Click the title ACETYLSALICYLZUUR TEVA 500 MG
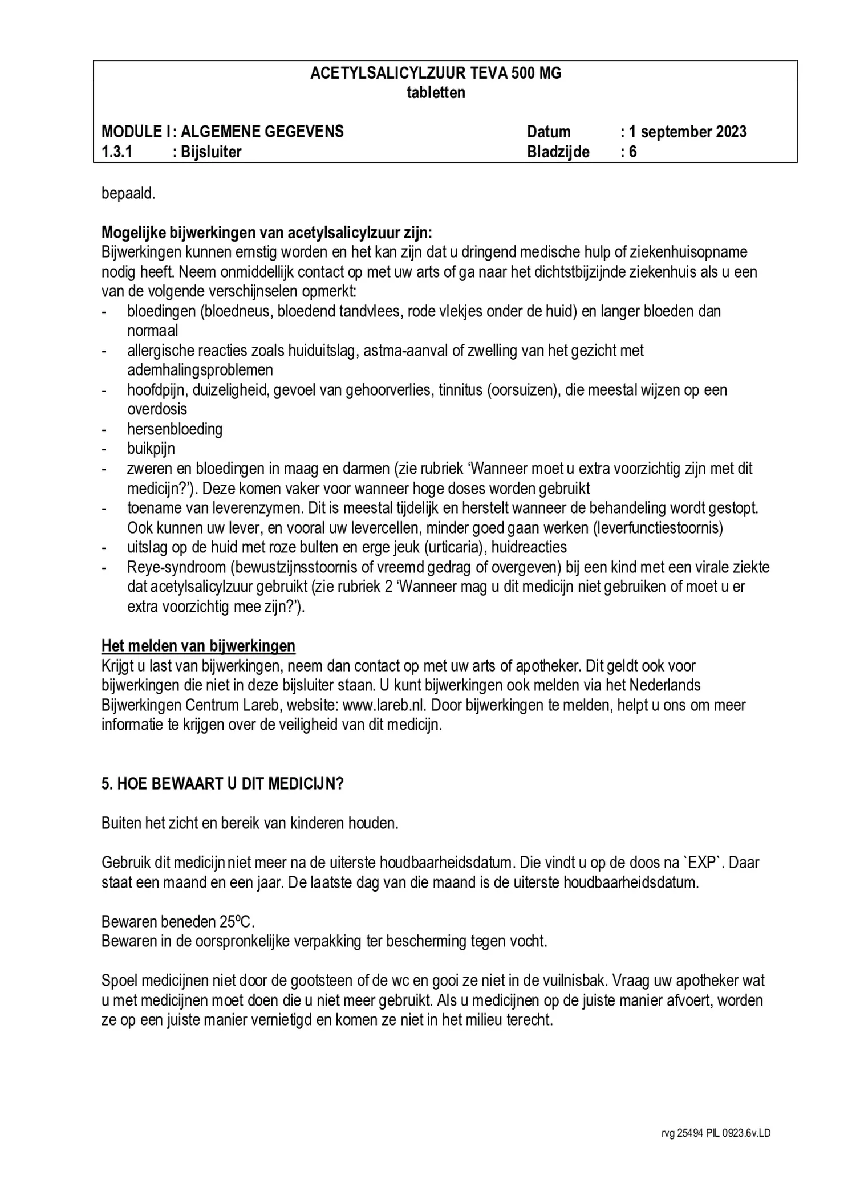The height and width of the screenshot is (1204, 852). point(436,74)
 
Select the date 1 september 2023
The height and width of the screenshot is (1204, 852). point(687,132)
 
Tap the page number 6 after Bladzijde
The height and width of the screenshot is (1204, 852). point(632,152)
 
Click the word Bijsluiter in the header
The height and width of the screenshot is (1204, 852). point(211,152)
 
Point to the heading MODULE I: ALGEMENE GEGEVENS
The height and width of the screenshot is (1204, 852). point(222,132)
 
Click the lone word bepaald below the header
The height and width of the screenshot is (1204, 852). point(128,193)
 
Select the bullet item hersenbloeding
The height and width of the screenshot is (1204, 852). point(175,429)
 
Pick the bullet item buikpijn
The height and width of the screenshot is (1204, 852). point(151,449)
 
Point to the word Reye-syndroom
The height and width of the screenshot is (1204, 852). point(170,567)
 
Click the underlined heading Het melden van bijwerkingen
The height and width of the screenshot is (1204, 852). point(198,646)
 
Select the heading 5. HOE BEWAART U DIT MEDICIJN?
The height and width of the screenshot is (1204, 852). point(222,784)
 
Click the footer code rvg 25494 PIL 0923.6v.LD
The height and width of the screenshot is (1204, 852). point(716,1134)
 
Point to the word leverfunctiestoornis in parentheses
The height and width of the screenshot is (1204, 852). point(658,528)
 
